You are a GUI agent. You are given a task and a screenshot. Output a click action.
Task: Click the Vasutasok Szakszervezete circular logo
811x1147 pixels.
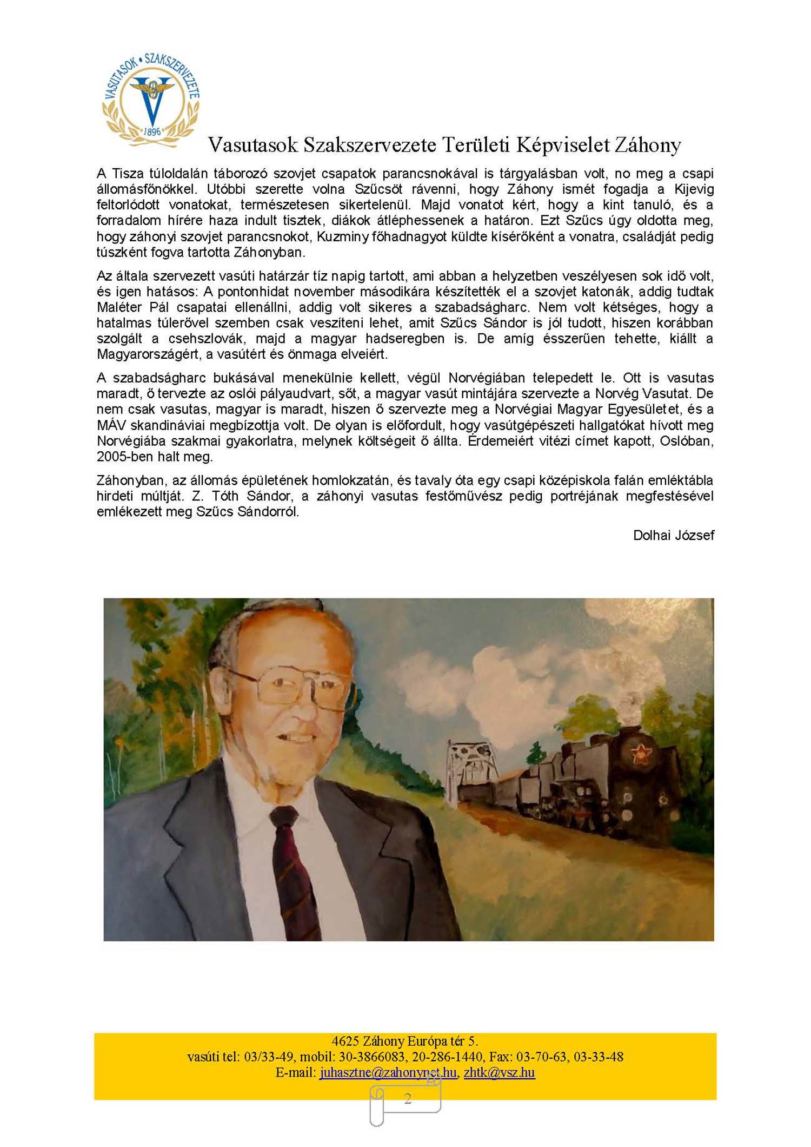(151, 100)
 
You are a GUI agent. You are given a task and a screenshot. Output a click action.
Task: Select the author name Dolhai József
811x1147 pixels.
(673, 535)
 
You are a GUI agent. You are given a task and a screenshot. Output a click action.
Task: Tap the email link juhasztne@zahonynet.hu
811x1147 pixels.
(388, 1072)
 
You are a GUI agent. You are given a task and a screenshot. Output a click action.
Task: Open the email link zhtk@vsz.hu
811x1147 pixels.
(499, 1072)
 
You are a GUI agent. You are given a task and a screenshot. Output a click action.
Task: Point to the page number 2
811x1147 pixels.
(408, 1098)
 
